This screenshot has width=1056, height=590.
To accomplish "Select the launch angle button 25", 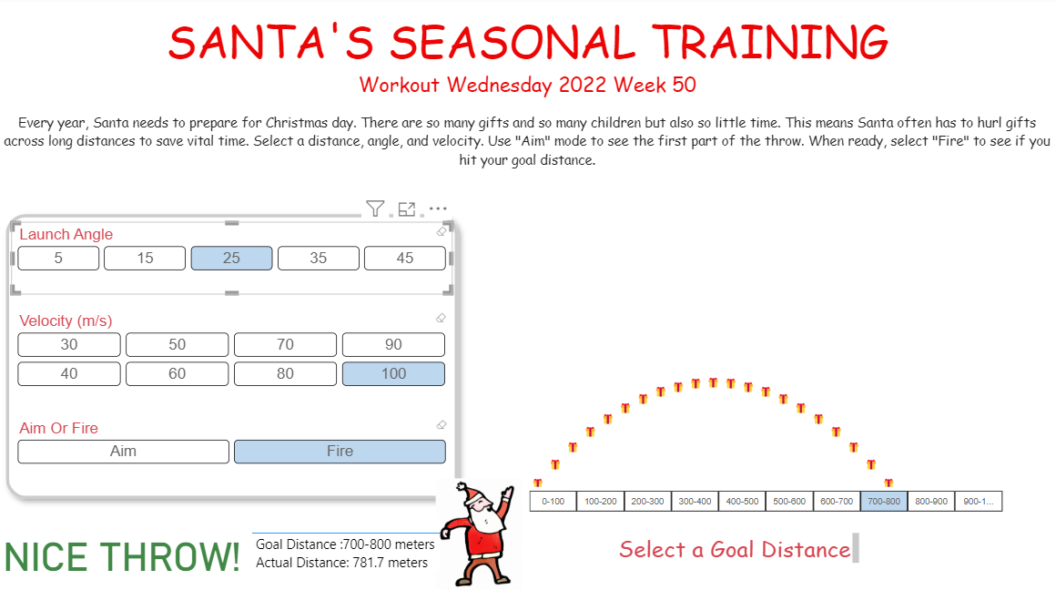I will pyautogui.click(x=231, y=258).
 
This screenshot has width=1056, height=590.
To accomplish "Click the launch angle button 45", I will pyautogui.click(x=404, y=258).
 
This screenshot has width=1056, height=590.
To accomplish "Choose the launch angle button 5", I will pyautogui.click(x=58, y=258).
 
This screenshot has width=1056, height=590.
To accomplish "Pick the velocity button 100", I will pyautogui.click(x=393, y=373).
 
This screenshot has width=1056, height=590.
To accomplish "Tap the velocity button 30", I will pyautogui.click(x=69, y=344).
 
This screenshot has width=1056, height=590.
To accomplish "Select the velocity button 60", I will pyautogui.click(x=177, y=373).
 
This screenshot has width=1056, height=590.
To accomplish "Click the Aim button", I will pyautogui.click(x=123, y=451).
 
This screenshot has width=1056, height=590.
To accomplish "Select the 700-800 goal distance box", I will pyautogui.click(x=884, y=502).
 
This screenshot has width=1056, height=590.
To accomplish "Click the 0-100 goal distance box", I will pyautogui.click(x=553, y=502).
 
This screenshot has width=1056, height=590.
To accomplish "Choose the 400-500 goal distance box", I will pyautogui.click(x=742, y=502).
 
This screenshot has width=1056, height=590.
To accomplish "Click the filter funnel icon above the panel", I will pyautogui.click(x=375, y=209).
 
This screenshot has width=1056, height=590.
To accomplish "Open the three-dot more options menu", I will pyautogui.click(x=438, y=209).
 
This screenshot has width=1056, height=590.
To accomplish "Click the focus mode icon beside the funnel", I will pyautogui.click(x=407, y=209).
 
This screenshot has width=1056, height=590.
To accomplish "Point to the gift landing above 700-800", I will pyautogui.click(x=888, y=483).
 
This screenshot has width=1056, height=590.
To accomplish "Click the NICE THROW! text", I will pyautogui.click(x=122, y=556).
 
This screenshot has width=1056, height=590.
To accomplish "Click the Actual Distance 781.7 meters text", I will pyautogui.click(x=341, y=563).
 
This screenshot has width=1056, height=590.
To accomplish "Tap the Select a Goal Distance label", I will pyautogui.click(x=734, y=549).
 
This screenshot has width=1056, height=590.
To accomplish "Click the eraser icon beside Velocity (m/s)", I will pyautogui.click(x=441, y=318).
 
